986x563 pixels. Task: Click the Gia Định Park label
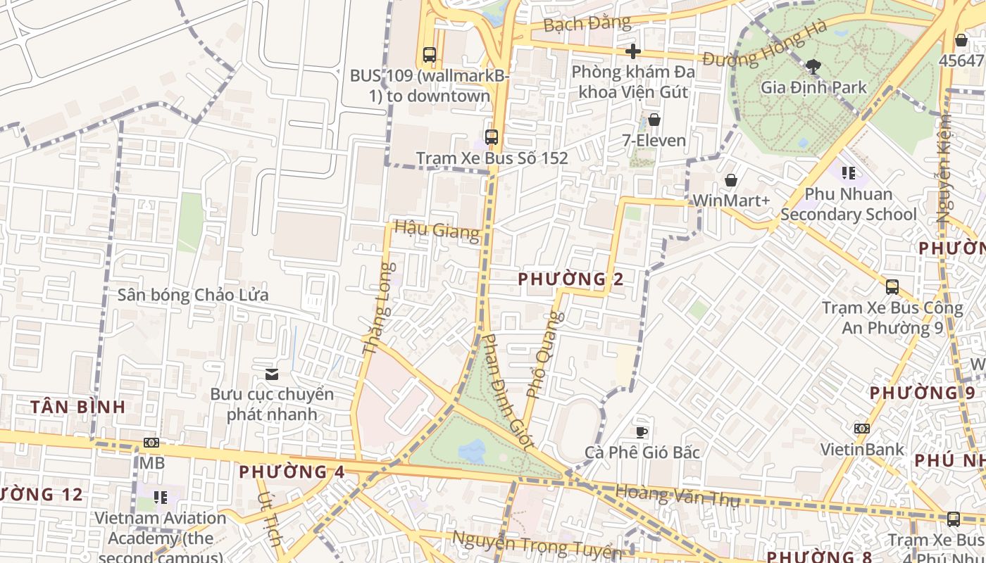coord(813,88)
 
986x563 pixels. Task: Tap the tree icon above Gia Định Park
coord(813,67)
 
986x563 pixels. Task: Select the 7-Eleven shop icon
coord(654,120)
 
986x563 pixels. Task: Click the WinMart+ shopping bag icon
coord(731,181)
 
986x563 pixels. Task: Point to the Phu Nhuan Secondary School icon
coord(849,172)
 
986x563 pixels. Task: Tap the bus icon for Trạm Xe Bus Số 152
coord(492,137)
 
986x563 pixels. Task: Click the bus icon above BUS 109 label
coord(429,54)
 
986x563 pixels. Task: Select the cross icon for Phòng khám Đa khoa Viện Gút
coord(633,51)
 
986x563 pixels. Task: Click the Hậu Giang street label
coord(437,229)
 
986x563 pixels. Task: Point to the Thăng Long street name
coord(379,308)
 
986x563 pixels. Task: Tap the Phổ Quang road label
coord(546,355)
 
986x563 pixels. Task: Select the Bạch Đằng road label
coord(587,24)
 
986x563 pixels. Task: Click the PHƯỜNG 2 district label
coord(570,279)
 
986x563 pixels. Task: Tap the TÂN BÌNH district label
coord(78,407)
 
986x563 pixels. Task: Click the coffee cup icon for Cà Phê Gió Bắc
coord(641,432)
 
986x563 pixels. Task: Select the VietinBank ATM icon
coord(861,429)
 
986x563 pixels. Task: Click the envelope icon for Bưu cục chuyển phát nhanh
coord(272,374)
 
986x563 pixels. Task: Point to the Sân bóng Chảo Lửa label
coord(193,295)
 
